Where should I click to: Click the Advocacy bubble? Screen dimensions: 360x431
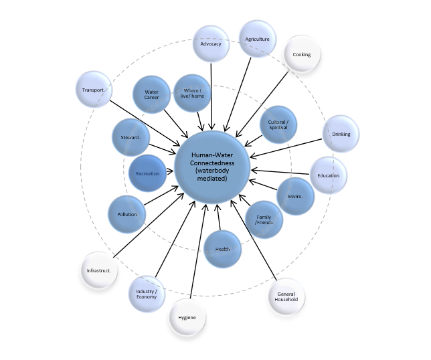(211, 44)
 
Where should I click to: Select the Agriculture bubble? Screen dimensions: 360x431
(257, 39)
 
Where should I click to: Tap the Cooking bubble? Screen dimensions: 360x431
(301, 55)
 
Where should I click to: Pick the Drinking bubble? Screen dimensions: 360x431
(341, 134)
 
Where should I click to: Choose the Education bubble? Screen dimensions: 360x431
(329, 175)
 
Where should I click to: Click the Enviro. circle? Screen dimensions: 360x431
(296, 196)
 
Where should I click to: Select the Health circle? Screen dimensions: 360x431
(222, 249)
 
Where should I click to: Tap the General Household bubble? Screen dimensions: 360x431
(287, 296)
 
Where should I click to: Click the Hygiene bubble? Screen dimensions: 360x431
(187, 317)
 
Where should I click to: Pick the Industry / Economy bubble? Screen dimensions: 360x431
(147, 293)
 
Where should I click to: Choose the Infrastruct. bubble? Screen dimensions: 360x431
(98, 270)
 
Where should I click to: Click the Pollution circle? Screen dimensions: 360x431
(126, 214)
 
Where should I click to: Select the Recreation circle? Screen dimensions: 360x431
(147, 173)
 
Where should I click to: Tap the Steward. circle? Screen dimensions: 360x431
(130, 137)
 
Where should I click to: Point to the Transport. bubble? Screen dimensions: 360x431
(93, 90)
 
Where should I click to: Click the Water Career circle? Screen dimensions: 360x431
(151, 94)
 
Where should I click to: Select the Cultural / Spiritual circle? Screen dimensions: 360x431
(278, 124)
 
